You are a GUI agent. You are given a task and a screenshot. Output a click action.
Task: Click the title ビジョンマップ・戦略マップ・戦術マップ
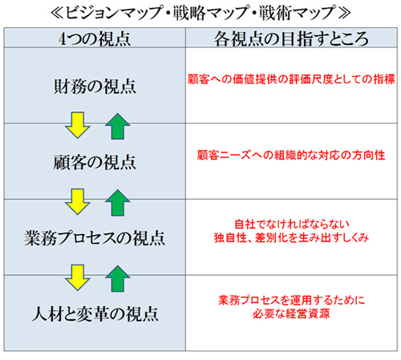200,13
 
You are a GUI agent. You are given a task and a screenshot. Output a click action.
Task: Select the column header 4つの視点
95,38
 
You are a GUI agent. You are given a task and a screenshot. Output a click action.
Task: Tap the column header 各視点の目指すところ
291,38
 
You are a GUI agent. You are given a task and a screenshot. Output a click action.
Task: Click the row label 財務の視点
95,87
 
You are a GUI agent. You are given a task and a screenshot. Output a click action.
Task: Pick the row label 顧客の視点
95,162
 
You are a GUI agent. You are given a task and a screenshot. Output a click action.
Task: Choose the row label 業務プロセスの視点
95,238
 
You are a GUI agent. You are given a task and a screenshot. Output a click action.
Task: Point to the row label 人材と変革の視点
95,313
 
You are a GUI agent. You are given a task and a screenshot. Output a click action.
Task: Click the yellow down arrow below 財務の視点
78,125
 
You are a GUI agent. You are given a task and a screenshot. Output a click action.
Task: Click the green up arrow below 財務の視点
118,126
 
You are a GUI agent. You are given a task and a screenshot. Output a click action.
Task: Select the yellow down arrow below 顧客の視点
78,201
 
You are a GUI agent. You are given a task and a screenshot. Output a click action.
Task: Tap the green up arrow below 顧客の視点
118,203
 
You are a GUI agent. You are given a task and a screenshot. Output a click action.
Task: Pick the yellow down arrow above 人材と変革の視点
78,277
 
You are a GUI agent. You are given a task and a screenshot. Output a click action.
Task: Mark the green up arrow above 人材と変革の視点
118,278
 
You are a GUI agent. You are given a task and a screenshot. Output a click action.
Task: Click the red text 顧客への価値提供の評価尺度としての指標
291,79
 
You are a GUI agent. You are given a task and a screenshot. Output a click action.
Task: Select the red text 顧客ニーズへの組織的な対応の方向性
291,155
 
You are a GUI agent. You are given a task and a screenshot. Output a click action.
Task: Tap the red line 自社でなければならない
292,224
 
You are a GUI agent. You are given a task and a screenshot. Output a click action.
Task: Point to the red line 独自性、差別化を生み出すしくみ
291,237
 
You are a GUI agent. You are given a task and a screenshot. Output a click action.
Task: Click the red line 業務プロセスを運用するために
291,300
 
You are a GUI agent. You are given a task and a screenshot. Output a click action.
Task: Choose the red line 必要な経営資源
291,313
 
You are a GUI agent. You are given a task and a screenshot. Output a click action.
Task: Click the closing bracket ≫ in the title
344,13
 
